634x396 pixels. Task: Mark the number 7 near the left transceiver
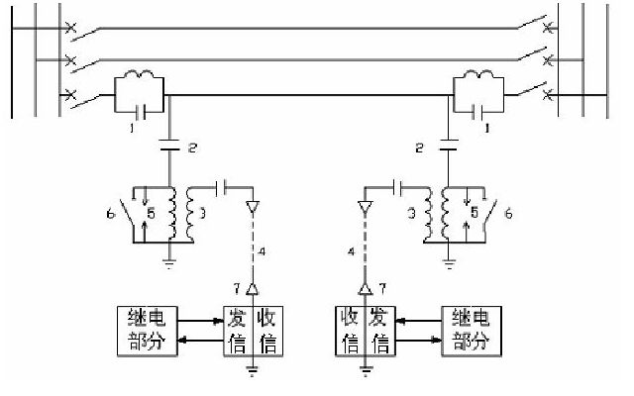click(x=236, y=286)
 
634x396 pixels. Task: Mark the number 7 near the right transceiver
click(x=382, y=286)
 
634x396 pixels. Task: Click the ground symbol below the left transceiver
click(x=254, y=373)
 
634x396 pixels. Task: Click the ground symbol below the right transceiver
click(x=366, y=373)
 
